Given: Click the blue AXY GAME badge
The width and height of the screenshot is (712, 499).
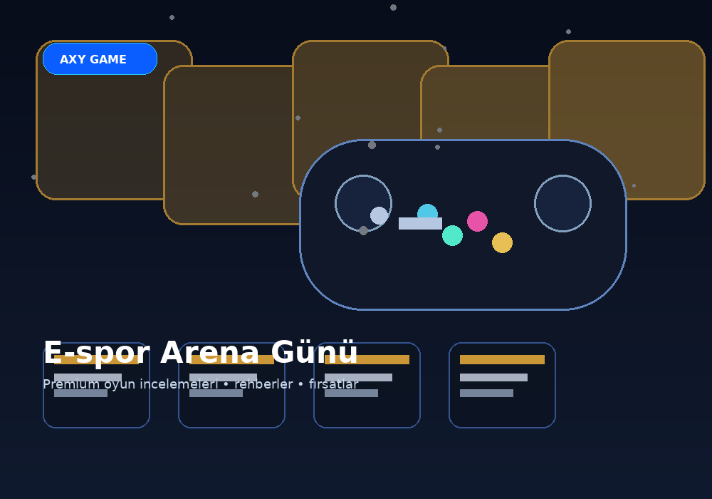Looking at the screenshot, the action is click(100, 59).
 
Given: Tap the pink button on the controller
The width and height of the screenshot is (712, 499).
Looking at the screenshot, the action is click(477, 221).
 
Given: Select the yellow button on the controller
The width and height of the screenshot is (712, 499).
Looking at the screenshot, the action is click(502, 242).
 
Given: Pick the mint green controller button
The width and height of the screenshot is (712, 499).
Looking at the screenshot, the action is click(452, 235).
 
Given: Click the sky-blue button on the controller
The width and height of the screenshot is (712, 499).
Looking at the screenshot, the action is click(427, 211).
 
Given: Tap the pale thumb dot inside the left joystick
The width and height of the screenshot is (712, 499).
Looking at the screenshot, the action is click(379, 216).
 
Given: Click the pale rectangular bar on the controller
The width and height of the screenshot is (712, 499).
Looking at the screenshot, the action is click(420, 223).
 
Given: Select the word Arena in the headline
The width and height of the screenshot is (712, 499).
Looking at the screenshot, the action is click(210, 353).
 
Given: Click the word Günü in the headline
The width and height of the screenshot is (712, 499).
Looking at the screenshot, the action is click(314, 352).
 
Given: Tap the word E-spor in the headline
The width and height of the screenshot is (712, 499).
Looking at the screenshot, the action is click(97, 354).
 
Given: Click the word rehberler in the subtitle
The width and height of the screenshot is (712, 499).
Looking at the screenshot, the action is click(263, 384).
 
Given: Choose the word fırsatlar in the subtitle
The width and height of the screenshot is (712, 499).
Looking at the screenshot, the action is click(334, 384).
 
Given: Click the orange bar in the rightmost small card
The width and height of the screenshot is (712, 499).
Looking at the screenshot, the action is click(502, 359).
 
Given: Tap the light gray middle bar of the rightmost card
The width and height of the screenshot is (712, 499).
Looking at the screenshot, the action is click(493, 377).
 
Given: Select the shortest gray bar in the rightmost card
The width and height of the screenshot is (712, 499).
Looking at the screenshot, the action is click(486, 393).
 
